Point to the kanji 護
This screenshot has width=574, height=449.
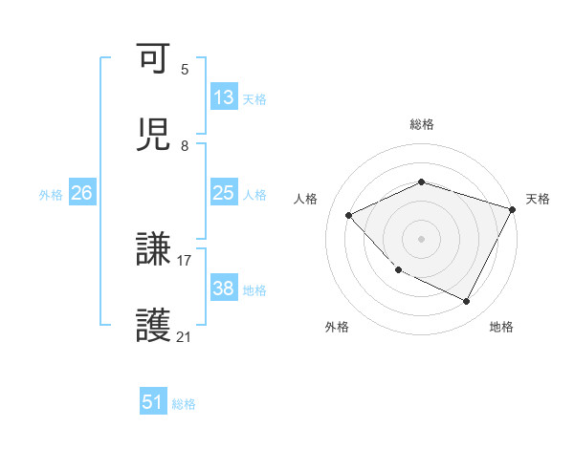pos(153,327)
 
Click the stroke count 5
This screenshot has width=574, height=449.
pos(185,69)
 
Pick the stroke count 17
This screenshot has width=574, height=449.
pos(185,260)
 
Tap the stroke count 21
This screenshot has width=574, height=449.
pos(185,336)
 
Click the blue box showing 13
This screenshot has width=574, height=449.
pos(224,97)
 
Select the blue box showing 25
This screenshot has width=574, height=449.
pos(224,193)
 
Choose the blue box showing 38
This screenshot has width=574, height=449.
pos(224,289)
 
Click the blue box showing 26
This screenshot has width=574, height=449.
pos(81,193)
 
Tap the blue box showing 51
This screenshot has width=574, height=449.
pos(153,402)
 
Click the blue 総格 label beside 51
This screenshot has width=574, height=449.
pos(184,404)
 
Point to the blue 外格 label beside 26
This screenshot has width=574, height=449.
pos(51,195)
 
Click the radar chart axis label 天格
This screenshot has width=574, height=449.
pos(538,199)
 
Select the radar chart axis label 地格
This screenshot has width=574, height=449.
pos(501,327)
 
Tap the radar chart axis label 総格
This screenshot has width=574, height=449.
pos(421,124)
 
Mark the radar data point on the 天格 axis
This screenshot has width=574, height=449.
pos(513,208)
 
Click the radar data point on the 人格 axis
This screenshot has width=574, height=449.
pos(349,215)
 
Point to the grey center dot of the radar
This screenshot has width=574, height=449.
pos(421,238)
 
